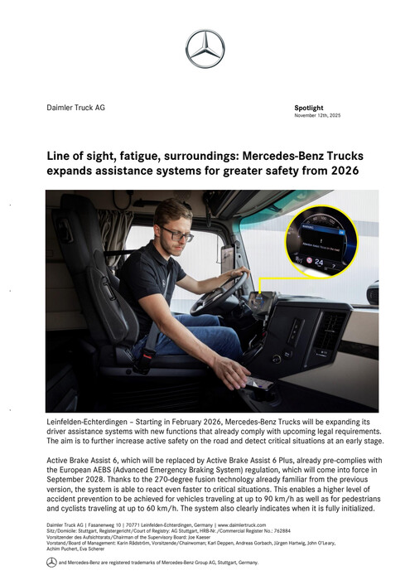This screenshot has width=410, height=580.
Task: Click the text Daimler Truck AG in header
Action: click(x=75, y=108)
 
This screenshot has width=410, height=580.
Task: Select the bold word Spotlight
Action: click(x=310, y=108)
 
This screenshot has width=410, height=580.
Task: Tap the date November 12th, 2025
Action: click(x=317, y=115)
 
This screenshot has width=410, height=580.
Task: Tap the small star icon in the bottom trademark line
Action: click(x=51, y=562)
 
